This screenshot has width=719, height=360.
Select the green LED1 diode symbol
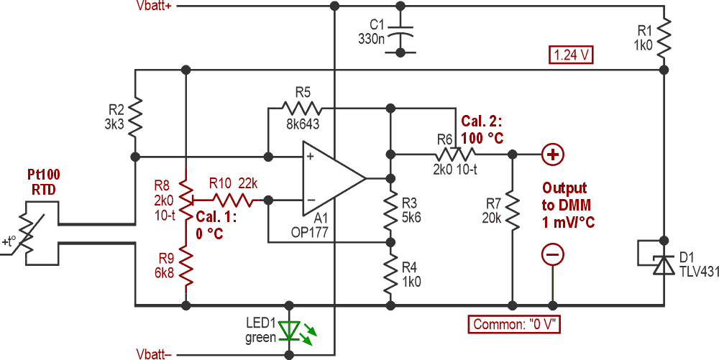click(x=290, y=331)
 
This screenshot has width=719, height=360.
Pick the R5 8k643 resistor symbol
click(x=302, y=109)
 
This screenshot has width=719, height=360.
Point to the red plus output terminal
click(x=552, y=154)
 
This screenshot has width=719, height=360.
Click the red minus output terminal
click(x=552, y=254)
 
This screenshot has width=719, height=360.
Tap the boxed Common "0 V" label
click(x=516, y=324)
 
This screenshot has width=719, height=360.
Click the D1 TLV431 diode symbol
click(x=663, y=263)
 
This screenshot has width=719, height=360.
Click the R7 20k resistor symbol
click(x=512, y=208)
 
